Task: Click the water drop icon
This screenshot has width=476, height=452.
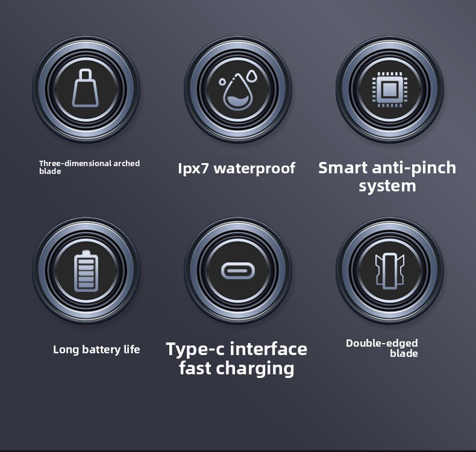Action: coord(238,90)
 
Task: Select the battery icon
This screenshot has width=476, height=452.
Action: coord(86,271)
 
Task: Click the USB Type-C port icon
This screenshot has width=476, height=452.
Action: coord(238,271)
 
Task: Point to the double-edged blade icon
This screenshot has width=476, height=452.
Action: coord(390,271)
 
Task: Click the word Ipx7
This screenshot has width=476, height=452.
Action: coord(193,169)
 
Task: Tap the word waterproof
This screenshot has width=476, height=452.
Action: coord(254,169)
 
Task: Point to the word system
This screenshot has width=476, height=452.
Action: coord(387,186)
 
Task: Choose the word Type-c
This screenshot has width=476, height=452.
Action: coord(195,350)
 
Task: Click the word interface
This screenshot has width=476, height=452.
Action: coord(268,348)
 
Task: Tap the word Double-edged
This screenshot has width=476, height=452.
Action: coord(382,344)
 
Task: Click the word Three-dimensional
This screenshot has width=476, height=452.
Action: coord(75,163)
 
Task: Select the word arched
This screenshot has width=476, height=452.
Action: coord(127,163)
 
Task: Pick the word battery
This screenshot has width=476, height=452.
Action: coord(101,350)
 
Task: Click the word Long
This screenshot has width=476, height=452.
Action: coord(66,350)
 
